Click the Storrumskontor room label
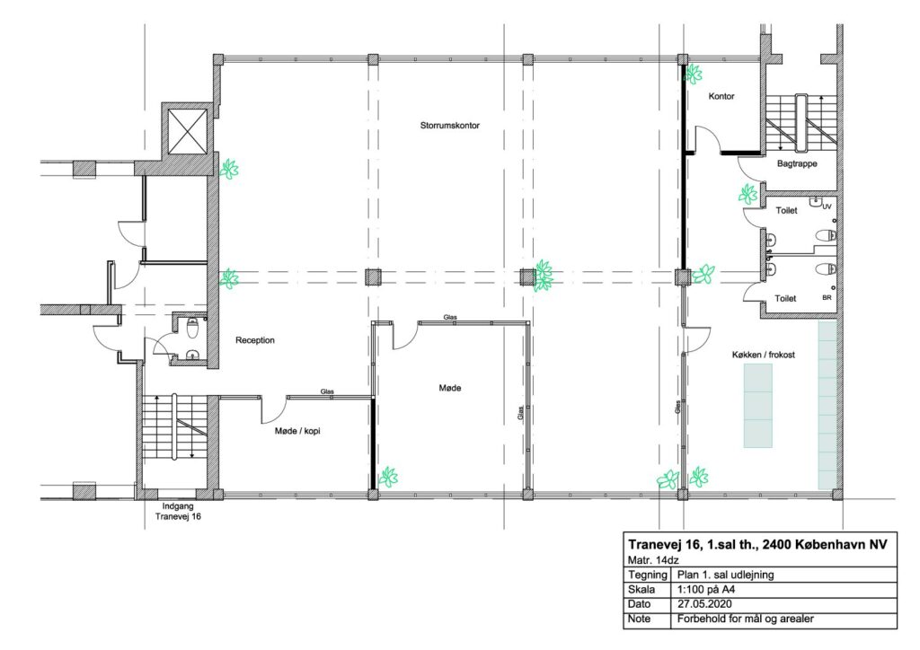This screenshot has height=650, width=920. (x=449, y=126)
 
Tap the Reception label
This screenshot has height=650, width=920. (x=254, y=340)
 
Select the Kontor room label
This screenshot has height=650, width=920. (x=721, y=96)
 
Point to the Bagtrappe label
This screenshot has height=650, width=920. (x=797, y=163)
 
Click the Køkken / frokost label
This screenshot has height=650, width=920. (x=764, y=355)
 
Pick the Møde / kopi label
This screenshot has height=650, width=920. (x=297, y=431)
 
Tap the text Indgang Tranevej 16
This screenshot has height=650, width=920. (x=178, y=511)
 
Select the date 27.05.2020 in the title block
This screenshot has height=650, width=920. (x=704, y=603)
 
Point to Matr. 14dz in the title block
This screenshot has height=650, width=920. (x=653, y=559)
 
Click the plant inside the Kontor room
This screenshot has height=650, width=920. (x=693, y=74)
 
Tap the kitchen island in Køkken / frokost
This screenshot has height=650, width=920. (x=757, y=406)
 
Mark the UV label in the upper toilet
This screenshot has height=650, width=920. (x=827, y=206)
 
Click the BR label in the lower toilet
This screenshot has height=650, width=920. (x=827, y=298)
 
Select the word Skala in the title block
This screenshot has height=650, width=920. (x=641, y=589)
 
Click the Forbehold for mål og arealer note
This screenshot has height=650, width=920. (x=745, y=619)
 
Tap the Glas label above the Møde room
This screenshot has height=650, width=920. (x=450, y=318)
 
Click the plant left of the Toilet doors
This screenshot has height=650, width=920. (x=747, y=194)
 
